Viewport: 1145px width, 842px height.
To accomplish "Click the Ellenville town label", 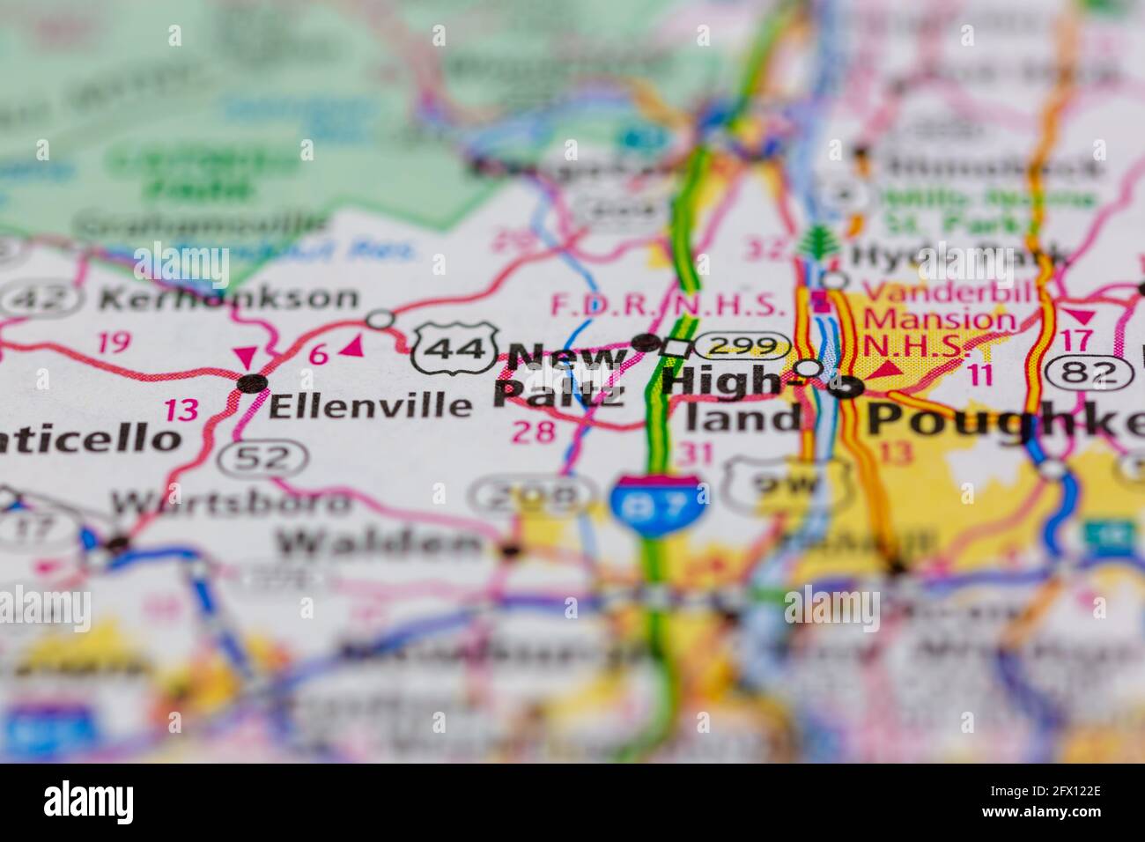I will [x=369, y=405].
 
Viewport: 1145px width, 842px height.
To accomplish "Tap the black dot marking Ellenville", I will [x=253, y=383].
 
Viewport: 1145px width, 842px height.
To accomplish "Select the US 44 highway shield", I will [x=453, y=349].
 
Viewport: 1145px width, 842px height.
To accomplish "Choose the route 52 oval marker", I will [x=264, y=457].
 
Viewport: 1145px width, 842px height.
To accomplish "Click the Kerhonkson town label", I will [x=228, y=298].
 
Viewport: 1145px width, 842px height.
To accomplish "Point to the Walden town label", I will [x=380, y=543].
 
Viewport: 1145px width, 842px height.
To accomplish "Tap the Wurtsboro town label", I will [x=230, y=503].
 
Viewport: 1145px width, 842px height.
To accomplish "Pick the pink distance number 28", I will [x=533, y=431].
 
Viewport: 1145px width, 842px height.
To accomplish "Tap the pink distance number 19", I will [x=114, y=342].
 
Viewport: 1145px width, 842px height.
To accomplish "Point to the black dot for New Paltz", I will [x=647, y=342].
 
